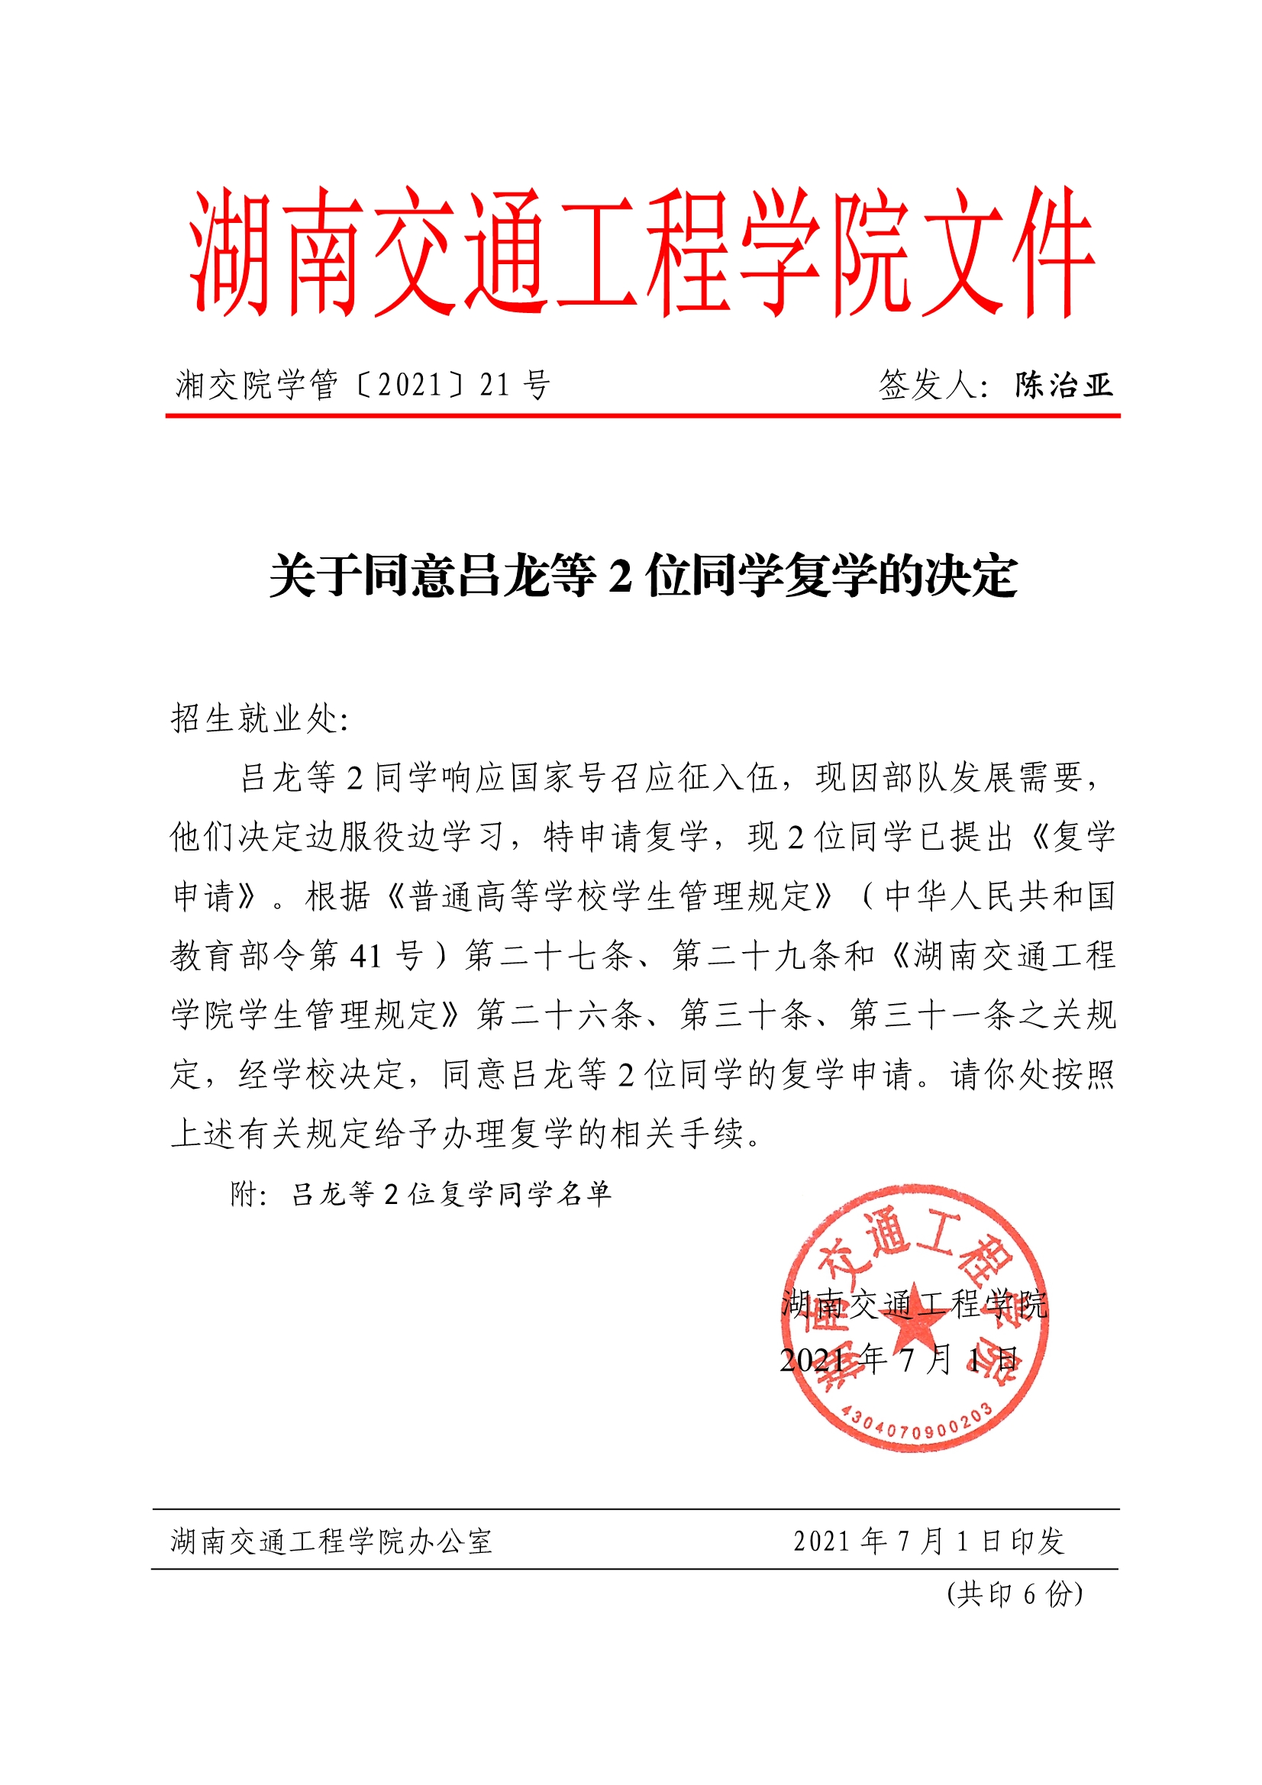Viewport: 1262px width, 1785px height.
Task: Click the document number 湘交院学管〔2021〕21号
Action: tap(363, 386)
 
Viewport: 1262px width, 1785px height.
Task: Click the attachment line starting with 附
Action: tap(421, 1194)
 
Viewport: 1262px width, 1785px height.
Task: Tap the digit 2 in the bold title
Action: tap(620, 577)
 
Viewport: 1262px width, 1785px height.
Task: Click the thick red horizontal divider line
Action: tap(642, 416)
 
